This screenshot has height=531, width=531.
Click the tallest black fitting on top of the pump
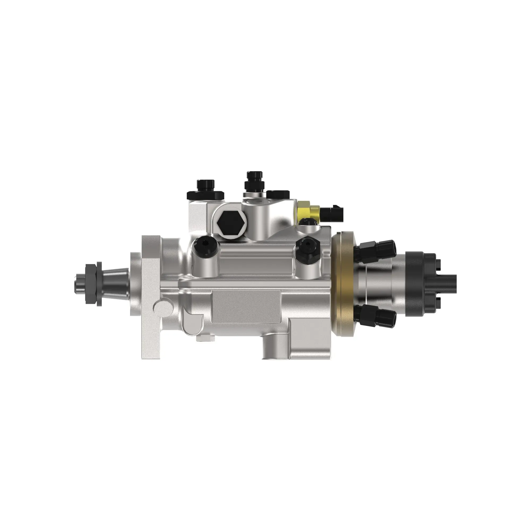254,181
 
